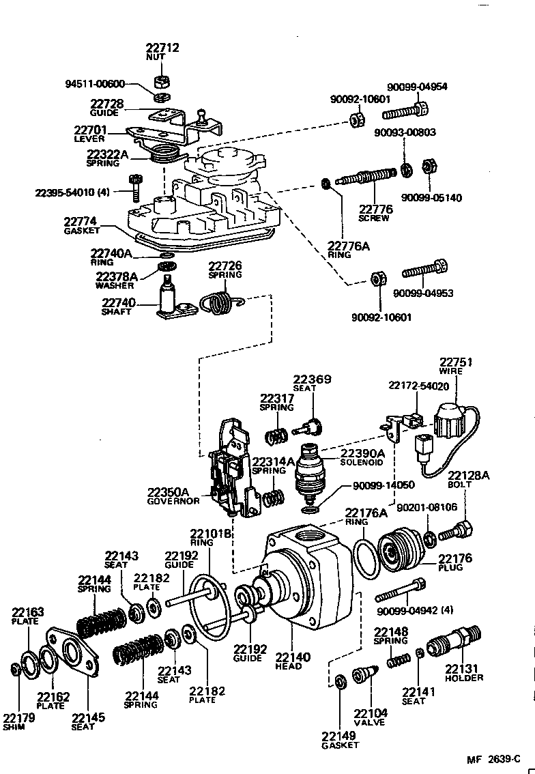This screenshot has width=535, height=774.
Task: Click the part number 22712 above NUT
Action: tap(162, 48)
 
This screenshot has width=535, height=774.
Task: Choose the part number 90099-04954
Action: tap(417, 87)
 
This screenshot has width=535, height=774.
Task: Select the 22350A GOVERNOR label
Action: tap(173, 496)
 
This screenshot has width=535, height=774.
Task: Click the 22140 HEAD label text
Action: tap(293, 661)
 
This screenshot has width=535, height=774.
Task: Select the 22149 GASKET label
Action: tap(340, 740)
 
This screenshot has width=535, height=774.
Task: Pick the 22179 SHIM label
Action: tap(15, 721)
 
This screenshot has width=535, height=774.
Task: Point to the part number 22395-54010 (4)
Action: tap(72, 193)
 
